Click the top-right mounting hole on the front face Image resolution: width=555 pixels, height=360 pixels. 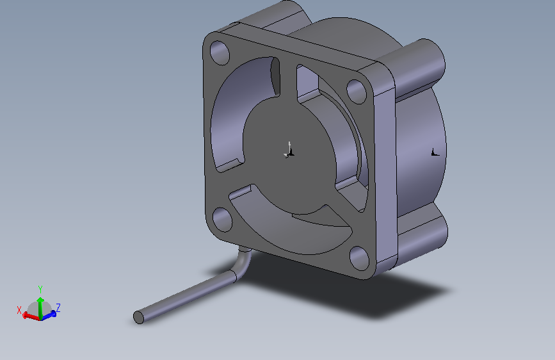pyautogui.click(x=355, y=90)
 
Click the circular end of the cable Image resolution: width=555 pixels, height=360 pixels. pyautogui.click(x=138, y=317)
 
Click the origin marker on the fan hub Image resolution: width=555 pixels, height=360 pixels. pyautogui.click(x=289, y=152)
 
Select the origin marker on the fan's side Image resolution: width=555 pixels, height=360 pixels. pyautogui.click(x=435, y=152)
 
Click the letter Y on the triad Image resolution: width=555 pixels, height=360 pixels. pyautogui.click(x=40, y=289)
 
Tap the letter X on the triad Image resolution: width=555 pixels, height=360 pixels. pyautogui.click(x=19, y=310)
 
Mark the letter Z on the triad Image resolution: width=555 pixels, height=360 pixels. pyautogui.click(x=58, y=307)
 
